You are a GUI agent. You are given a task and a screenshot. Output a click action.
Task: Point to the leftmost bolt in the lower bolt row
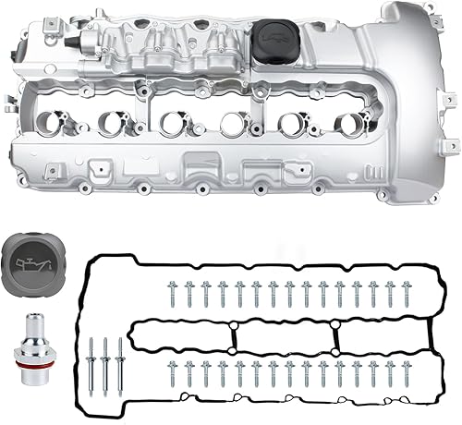tap(173, 373)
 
